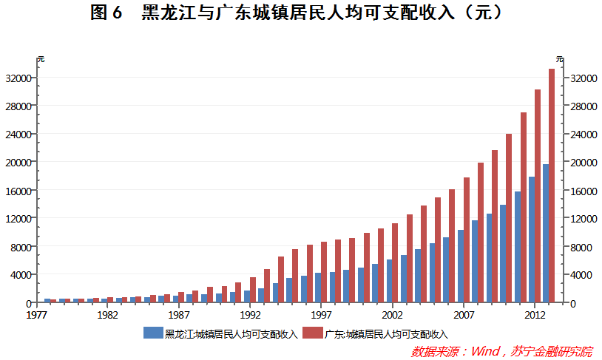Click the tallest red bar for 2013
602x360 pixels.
pyautogui.click(x=552, y=185)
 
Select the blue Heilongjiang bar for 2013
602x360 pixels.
pyautogui.click(x=546, y=233)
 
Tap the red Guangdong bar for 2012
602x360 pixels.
pyautogui.click(x=538, y=196)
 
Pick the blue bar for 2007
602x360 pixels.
pyautogui.click(x=461, y=266)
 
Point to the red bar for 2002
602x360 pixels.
pyautogui.click(x=395, y=262)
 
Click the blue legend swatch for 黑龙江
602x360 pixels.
pyautogui.click(x=153, y=333)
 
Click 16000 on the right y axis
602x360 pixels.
pyautogui.click(x=583, y=190)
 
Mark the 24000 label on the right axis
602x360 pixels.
pyautogui.click(x=583, y=134)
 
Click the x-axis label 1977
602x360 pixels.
pyautogui.click(x=37, y=314)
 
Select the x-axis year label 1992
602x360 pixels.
pyautogui.click(x=250, y=314)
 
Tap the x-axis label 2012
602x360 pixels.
pyautogui.click(x=534, y=314)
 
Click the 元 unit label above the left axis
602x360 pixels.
pyautogui.click(x=41, y=59)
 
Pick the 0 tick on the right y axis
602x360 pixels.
pyautogui.click(x=573, y=302)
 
